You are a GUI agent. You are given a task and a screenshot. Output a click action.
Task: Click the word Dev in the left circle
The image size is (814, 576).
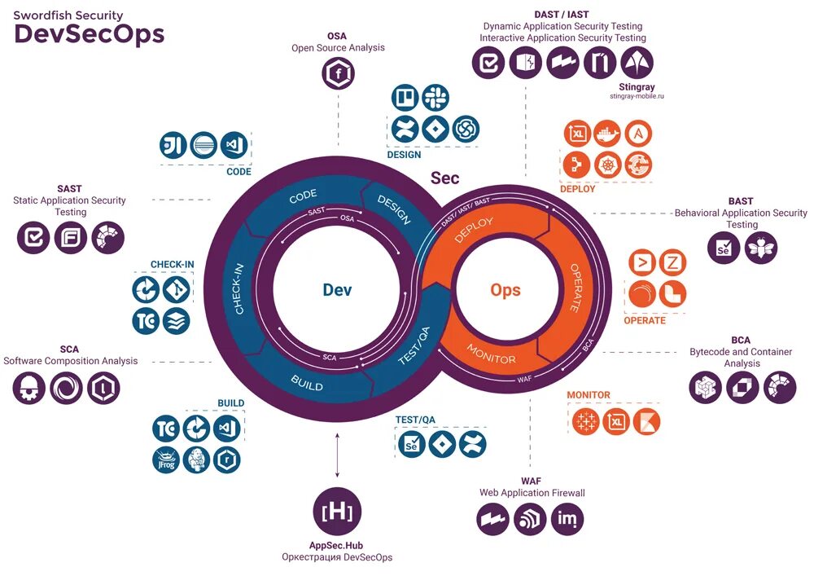337,290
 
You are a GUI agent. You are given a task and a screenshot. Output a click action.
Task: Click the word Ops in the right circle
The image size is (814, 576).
505,290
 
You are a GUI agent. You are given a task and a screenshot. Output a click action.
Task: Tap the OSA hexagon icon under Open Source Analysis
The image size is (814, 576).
338,75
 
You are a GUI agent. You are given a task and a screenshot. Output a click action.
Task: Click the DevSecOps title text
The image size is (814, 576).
90,33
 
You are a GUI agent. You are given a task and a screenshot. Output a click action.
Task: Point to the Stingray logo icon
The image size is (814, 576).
637,63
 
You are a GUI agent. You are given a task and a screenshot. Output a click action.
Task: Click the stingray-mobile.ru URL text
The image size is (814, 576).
637,96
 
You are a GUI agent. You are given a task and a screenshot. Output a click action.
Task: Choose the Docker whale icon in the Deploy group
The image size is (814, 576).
607,133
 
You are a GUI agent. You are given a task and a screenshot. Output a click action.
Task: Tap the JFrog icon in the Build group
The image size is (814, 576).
164,459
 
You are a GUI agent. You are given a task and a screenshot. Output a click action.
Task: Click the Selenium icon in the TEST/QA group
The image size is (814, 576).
412,445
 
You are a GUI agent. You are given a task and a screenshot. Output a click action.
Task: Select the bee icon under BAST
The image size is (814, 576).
761,248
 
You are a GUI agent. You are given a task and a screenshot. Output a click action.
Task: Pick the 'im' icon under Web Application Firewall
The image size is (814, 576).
567,519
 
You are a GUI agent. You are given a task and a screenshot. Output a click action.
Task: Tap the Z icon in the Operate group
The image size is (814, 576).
672,262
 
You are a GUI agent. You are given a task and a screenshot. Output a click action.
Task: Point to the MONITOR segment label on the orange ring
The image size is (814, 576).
491,354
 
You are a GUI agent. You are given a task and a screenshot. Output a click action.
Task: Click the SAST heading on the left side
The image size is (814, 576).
69,189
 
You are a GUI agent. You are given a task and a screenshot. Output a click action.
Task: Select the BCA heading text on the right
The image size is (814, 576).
741,340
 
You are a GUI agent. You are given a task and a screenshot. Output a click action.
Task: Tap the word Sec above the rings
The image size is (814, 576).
444,178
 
